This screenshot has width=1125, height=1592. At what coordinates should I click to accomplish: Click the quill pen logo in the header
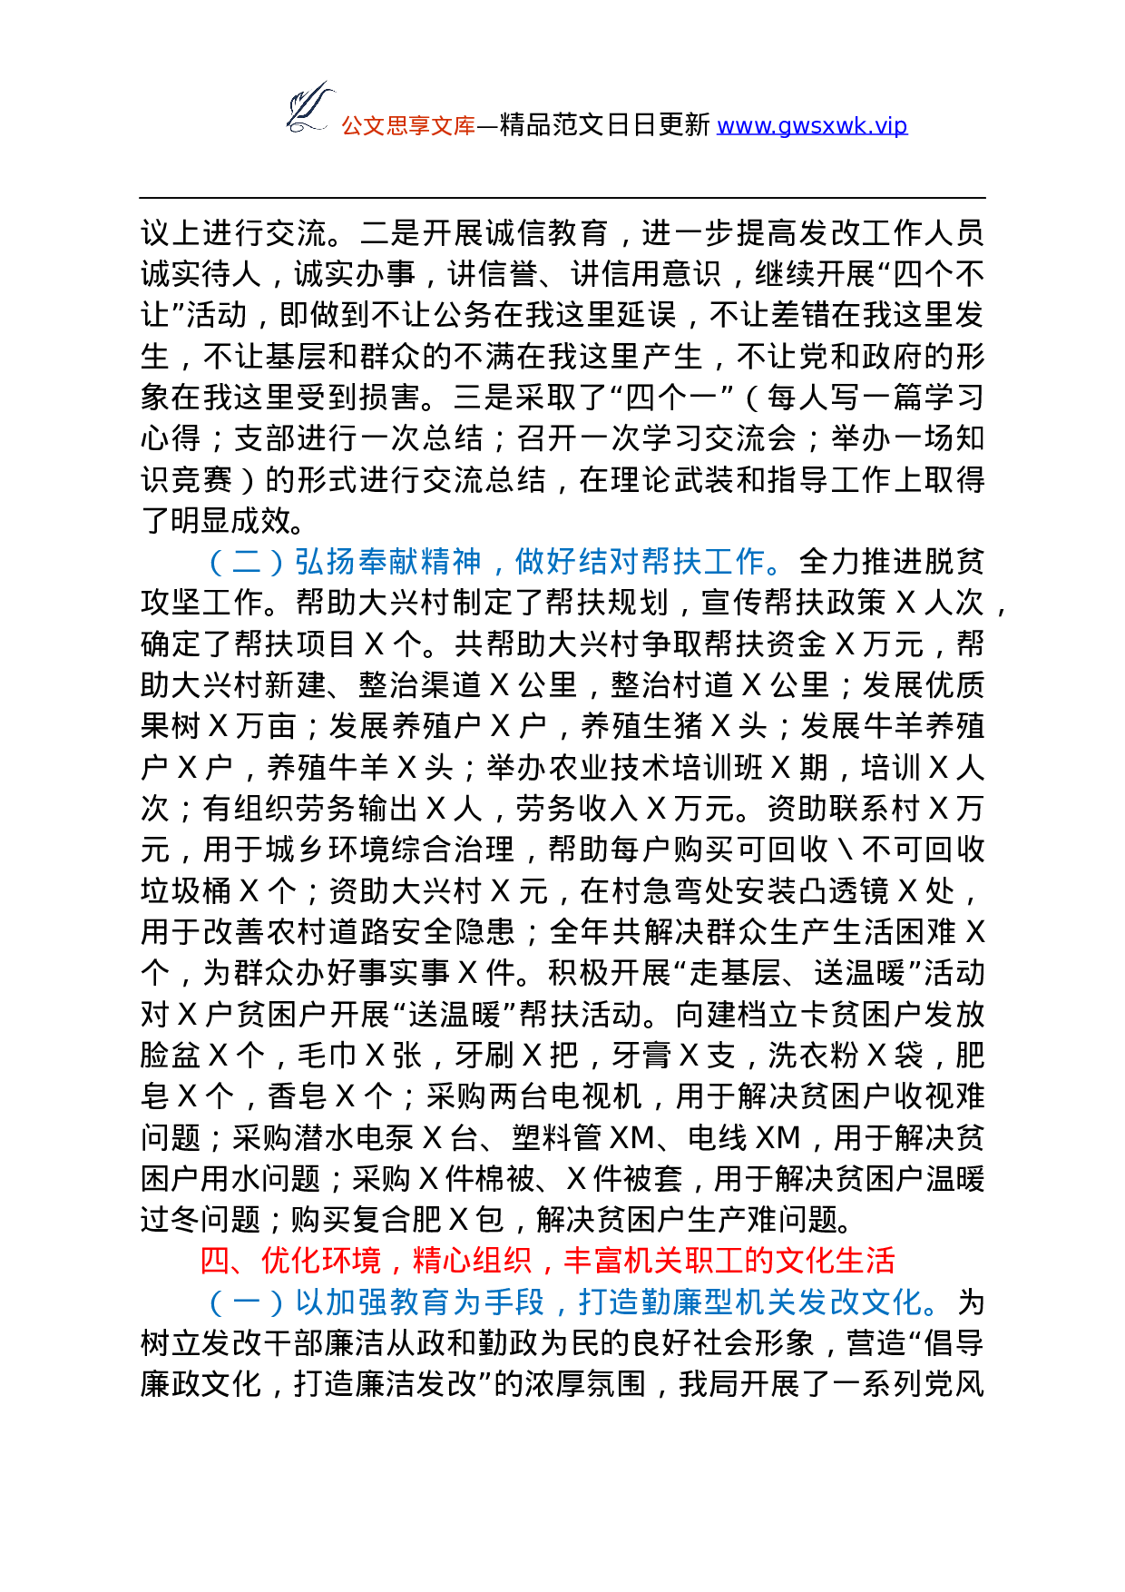tap(308, 107)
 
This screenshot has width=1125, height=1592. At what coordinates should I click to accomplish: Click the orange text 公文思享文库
tap(408, 126)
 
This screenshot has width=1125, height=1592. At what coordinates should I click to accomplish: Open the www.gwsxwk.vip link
tap(812, 126)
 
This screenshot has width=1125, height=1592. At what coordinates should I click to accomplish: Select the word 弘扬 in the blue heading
tap(324, 563)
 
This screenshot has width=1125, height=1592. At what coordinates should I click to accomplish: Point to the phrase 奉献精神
tap(419, 563)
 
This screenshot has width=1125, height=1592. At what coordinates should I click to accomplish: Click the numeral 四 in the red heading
tap(216, 1261)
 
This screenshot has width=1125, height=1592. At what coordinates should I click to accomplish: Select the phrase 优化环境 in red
tap(321, 1261)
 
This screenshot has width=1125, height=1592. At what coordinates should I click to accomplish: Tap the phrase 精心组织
tap(472, 1261)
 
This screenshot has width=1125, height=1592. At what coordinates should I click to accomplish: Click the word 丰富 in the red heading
tap(592, 1261)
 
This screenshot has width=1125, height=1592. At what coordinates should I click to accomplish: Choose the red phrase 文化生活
tap(835, 1261)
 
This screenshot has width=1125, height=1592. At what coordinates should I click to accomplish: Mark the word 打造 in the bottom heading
tap(609, 1303)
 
